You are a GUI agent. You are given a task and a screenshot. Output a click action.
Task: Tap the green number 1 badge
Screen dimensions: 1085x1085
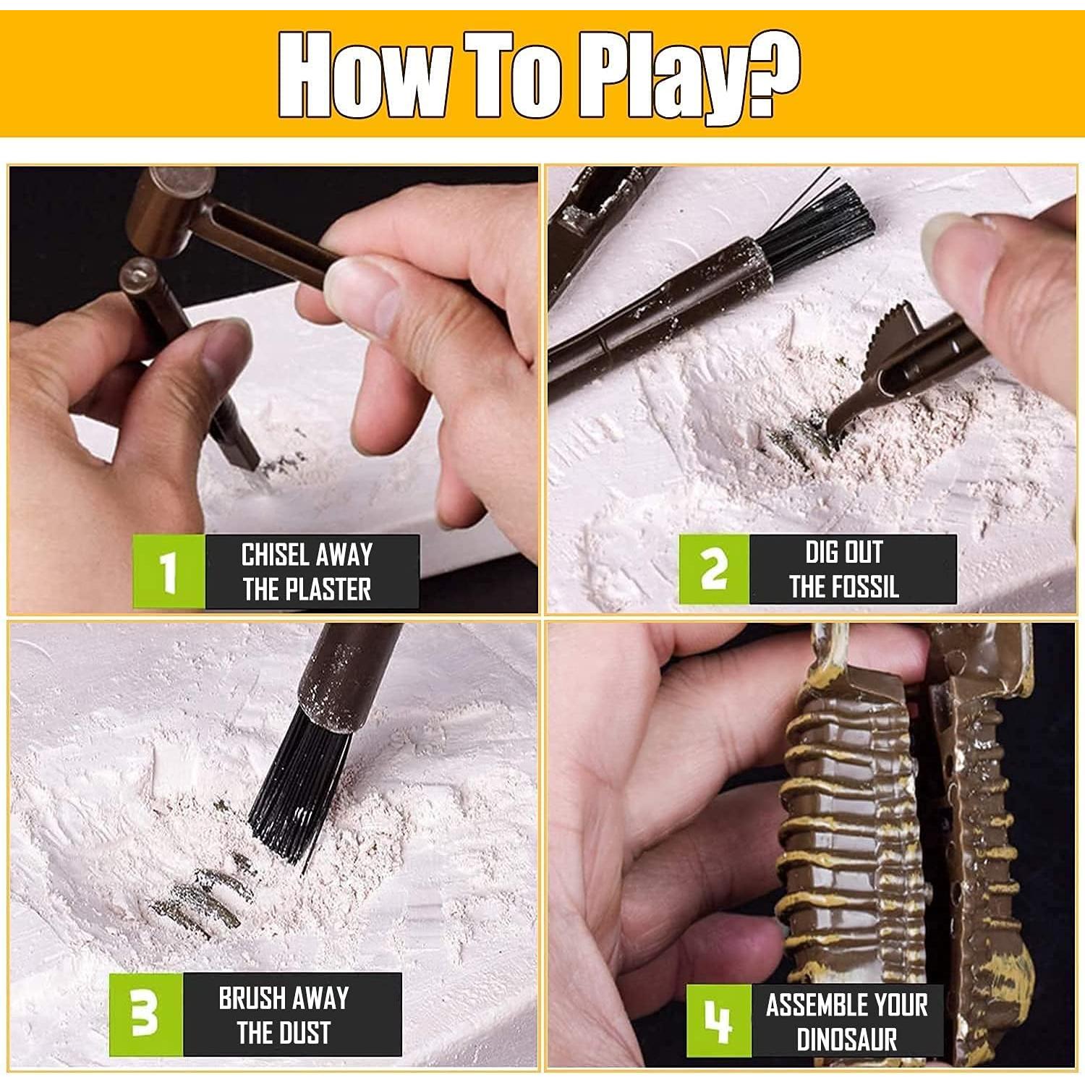point(169,571)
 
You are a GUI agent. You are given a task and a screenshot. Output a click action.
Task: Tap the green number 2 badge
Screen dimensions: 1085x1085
point(714,569)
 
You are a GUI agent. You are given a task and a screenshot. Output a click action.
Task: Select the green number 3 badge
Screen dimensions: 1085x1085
point(146,1014)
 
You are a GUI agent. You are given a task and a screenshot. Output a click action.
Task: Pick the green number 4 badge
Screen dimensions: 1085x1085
point(718,1021)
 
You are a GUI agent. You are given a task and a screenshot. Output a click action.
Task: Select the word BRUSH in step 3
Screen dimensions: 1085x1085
point(252,999)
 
